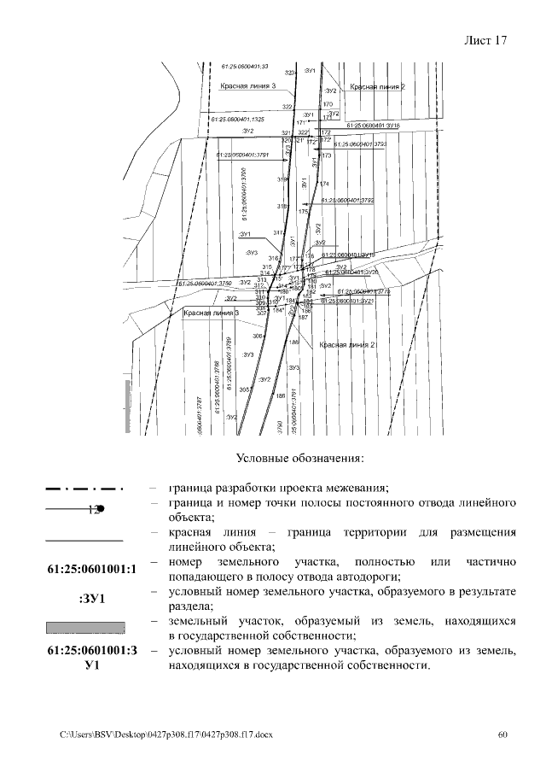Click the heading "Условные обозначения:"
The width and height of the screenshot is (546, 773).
[299, 459]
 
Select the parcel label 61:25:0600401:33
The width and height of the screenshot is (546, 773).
[245, 66]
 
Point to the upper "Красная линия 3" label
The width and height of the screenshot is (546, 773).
[247, 86]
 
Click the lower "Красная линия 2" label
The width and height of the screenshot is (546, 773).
[347, 345]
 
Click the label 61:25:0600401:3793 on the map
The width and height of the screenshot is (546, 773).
[360, 144]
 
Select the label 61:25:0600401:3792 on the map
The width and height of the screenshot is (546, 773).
[348, 200]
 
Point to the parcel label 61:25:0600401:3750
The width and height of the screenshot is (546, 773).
[205, 283]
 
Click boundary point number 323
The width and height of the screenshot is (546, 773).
[289, 73]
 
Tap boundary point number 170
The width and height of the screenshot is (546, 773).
[328, 104]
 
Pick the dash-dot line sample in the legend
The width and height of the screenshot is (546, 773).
[84, 489]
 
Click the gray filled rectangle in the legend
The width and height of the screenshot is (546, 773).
[84, 628]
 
